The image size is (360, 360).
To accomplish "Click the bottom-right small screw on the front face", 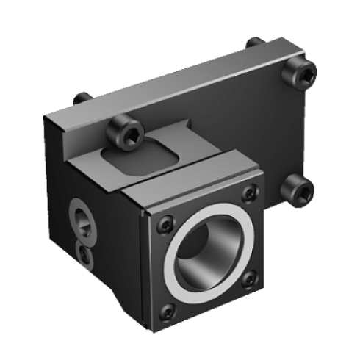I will (249, 277).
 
